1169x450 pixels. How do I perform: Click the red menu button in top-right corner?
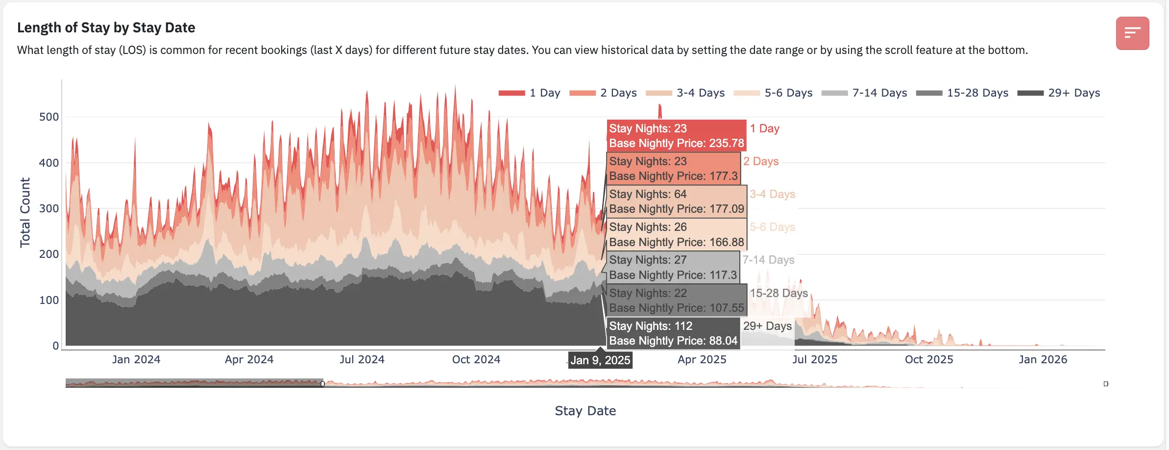point(1132,33)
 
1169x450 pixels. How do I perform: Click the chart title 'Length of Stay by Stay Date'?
point(106,27)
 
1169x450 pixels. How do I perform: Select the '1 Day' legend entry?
point(529,93)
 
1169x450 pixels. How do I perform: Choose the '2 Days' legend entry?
point(603,93)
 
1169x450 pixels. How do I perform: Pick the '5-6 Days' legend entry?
point(773,93)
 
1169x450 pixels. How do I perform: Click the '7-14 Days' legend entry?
point(864,93)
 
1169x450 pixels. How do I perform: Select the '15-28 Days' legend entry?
point(962,93)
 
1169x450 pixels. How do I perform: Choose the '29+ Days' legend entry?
point(1059,93)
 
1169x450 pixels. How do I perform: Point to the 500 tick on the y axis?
point(49,117)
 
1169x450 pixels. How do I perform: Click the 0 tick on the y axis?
point(55,346)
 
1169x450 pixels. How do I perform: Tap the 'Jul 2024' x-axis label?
point(362,359)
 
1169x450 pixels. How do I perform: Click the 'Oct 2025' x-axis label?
point(929,359)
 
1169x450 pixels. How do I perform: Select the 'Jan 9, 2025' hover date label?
point(600,360)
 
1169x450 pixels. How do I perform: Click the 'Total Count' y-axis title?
point(25,212)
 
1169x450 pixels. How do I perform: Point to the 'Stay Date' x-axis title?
point(585,411)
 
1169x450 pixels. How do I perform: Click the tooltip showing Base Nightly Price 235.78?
point(676,136)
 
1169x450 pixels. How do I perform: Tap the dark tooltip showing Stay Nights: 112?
point(673,333)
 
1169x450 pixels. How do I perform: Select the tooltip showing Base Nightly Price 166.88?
point(676,234)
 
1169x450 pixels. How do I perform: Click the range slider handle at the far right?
point(1106,384)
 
